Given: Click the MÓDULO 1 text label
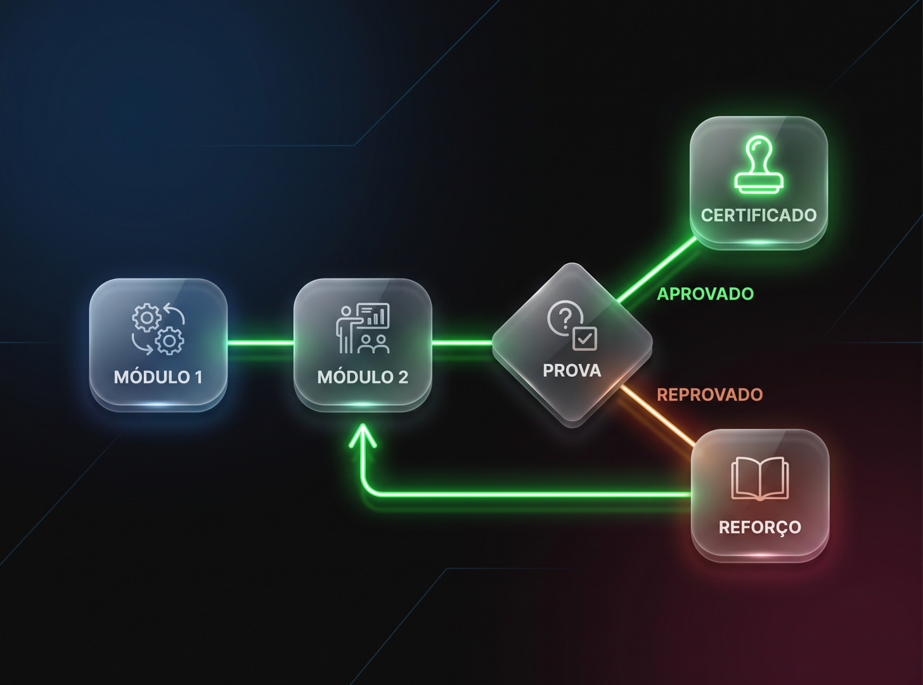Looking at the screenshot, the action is click(158, 377).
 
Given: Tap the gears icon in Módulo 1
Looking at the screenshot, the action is click(158, 329).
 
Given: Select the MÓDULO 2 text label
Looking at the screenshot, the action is click(363, 377).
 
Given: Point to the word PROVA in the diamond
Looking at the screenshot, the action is click(572, 370).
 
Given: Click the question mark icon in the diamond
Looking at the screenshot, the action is click(564, 318).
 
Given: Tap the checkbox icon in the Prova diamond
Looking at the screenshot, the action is click(585, 339).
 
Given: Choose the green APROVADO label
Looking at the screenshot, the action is click(706, 294).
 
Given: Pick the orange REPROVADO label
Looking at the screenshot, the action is click(709, 395).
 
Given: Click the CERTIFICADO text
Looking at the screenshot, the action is click(759, 215).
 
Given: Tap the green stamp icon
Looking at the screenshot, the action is click(759, 165).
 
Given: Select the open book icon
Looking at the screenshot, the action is click(760, 478).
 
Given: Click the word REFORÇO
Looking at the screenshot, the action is click(760, 528).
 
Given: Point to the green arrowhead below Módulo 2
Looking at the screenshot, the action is click(363, 436).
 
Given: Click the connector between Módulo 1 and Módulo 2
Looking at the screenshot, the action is click(261, 343).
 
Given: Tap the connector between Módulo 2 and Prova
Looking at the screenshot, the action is click(462, 343).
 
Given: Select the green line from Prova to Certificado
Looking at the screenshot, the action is click(657, 270).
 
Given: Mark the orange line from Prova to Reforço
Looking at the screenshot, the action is click(657, 417).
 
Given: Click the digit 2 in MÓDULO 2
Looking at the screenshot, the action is click(403, 377).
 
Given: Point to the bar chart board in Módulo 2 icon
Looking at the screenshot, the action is click(373, 315).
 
